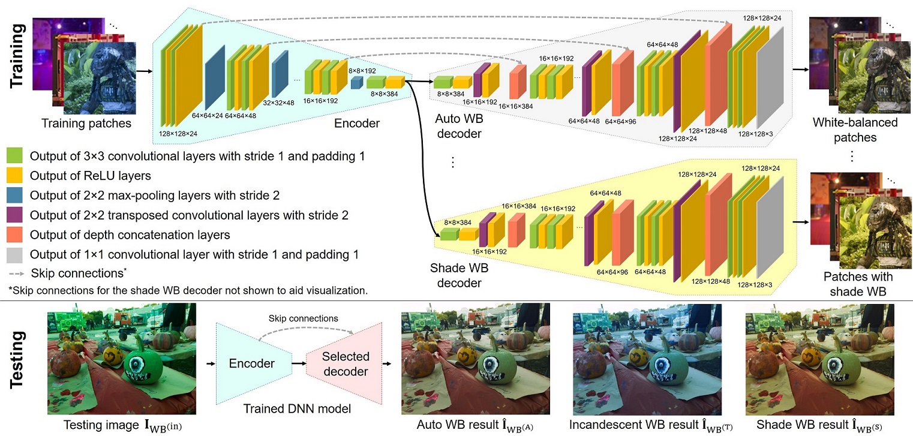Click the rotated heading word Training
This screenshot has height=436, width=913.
click(19, 55)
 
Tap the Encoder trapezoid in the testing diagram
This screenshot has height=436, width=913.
click(252, 363)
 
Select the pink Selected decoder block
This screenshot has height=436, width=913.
click(344, 363)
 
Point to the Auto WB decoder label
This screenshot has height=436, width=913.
click(459, 127)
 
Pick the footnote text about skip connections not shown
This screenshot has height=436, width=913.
click(188, 290)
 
